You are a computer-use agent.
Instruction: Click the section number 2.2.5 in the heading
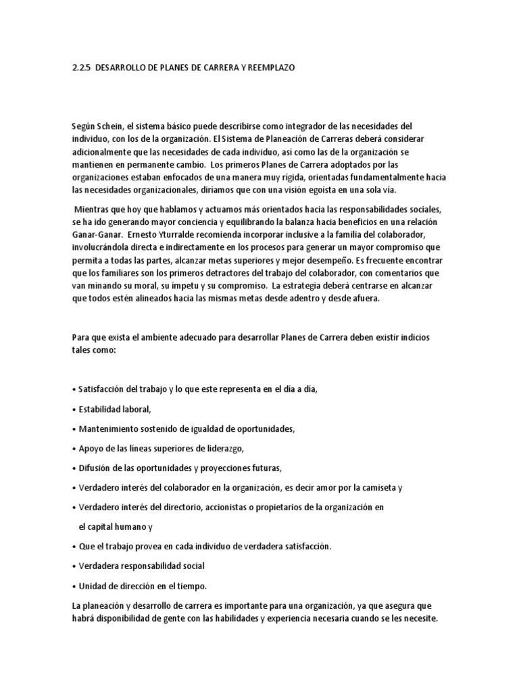tap(82, 68)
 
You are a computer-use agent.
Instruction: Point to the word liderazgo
tap(222, 449)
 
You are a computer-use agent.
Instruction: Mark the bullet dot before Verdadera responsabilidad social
tap(73, 566)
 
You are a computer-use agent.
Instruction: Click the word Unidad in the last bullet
tap(92, 585)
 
